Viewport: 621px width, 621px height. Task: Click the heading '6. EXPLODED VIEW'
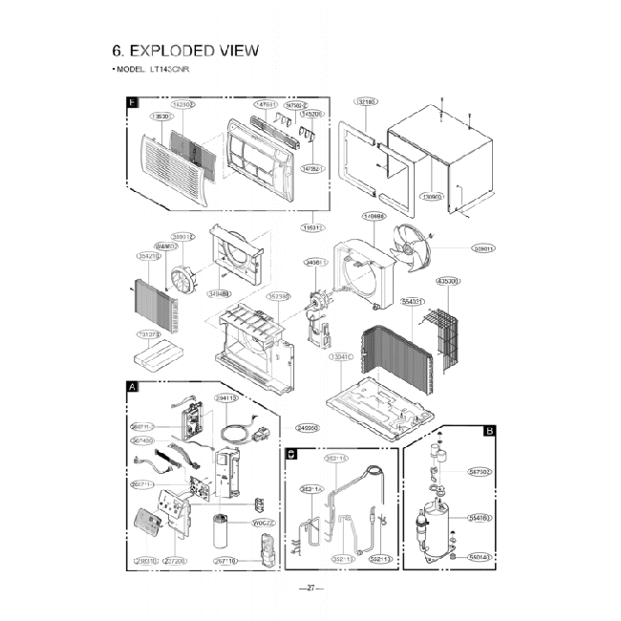(185, 51)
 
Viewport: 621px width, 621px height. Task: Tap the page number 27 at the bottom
(310, 588)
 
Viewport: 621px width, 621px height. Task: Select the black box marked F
(132, 102)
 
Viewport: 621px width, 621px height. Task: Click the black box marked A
(132, 386)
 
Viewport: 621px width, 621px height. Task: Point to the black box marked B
(489, 431)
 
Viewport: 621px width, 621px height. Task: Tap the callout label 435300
(448, 281)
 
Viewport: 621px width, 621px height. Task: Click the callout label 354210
(147, 256)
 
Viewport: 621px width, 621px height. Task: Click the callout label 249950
(307, 427)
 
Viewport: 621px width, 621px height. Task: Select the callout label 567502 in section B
(480, 470)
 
